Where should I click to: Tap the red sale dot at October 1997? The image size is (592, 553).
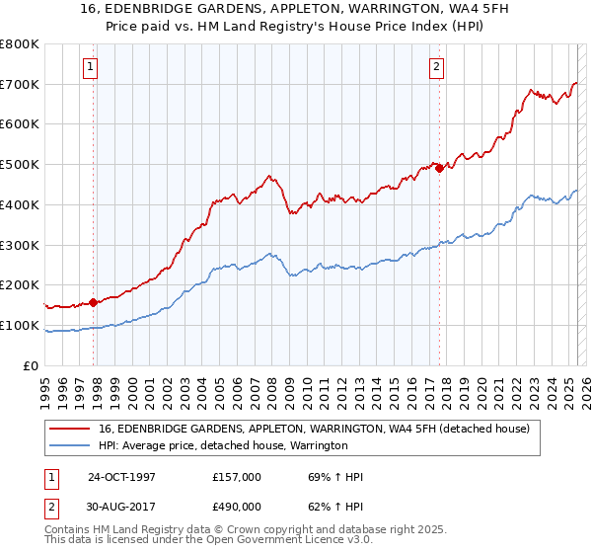click(94, 302)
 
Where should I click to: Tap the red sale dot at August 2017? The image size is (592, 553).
click(440, 168)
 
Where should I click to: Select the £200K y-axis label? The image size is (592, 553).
click(20, 285)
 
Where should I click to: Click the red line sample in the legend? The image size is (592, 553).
click(70, 429)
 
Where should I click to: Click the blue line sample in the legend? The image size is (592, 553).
click(70, 446)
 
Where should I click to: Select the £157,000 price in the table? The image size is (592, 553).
click(236, 477)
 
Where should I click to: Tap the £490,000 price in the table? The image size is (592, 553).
click(236, 507)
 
